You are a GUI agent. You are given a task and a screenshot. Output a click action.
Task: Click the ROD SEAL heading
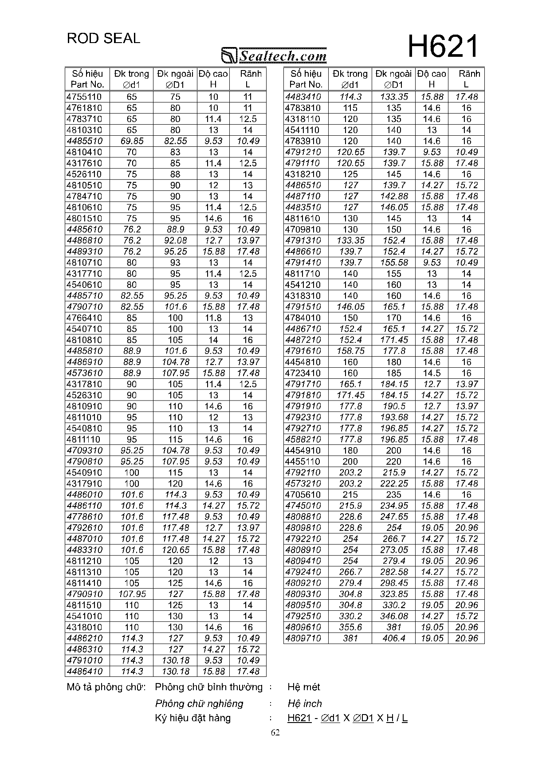click(x=103, y=39)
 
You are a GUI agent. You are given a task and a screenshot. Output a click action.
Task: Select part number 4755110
click(x=84, y=97)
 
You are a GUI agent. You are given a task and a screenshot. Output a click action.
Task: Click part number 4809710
click(x=303, y=638)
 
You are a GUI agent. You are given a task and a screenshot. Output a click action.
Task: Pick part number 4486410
click(x=84, y=672)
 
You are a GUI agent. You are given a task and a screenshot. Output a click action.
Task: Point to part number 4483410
click(x=303, y=97)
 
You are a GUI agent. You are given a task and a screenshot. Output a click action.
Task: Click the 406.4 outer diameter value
click(x=394, y=638)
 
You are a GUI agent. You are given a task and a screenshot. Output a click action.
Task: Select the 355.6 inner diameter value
click(x=350, y=627)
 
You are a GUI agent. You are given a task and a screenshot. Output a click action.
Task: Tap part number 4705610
click(x=303, y=495)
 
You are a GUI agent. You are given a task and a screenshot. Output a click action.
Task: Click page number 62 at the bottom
click(x=275, y=732)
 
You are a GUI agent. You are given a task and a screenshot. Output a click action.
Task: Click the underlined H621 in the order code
click(x=299, y=718)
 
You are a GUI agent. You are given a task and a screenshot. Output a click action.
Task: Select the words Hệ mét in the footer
click(x=304, y=687)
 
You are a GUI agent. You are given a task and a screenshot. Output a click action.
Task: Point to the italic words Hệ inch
click(x=305, y=703)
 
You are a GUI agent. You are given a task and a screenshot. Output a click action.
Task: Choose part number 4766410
click(x=84, y=318)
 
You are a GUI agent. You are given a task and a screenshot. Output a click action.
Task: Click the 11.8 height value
click(x=213, y=318)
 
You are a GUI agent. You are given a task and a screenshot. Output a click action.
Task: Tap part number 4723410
click(x=303, y=373)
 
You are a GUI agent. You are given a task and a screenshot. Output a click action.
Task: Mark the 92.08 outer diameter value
click(x=176, y=240)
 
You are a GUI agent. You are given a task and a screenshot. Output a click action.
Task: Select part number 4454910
click(x=303, y=451)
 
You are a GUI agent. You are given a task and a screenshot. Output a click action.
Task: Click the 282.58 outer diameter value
click(x=394, y=572)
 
